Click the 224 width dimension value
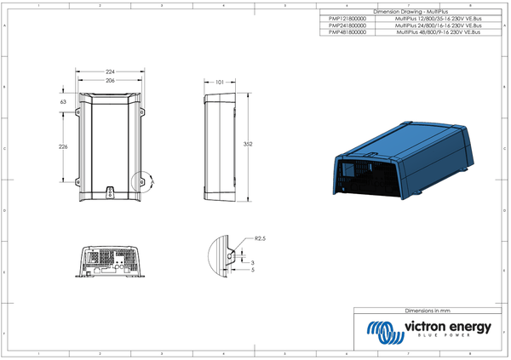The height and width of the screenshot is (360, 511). (111, 71)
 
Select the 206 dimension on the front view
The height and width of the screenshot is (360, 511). (111, 79)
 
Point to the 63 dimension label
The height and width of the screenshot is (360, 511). (63, 101)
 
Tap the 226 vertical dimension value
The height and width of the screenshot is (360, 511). (62, 147)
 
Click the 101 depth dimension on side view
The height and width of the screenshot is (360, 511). (219, 83)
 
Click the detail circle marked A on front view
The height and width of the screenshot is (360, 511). (146, 181)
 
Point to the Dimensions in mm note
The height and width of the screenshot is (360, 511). (427, 311)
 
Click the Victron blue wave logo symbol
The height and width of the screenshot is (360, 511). (381, 329)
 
